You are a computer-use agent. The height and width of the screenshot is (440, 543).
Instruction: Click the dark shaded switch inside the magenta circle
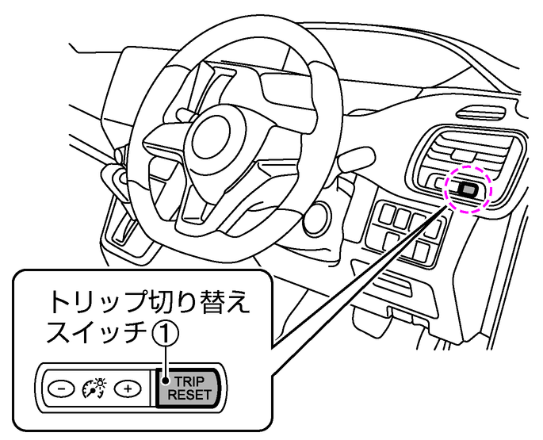coord(466,189)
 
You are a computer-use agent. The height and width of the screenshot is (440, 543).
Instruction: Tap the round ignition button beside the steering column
coord(319,215)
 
